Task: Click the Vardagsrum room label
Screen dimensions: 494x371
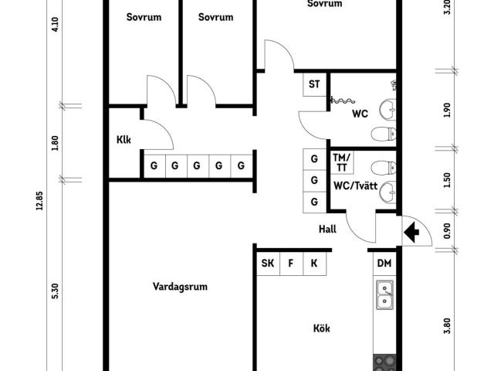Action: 180,287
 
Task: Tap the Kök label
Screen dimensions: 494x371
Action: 322,328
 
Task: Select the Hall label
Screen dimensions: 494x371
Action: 327,229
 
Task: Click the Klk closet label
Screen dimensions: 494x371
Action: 123,140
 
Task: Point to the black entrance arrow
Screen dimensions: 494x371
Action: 411,233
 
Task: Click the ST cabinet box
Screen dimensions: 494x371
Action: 314,84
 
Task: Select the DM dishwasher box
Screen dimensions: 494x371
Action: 384,263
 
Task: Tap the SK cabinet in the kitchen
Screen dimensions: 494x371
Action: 268,264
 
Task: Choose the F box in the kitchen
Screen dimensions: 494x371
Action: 291,264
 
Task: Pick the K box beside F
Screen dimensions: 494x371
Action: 314,264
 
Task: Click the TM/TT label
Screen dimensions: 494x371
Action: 341,162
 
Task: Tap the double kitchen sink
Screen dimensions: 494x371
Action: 384,295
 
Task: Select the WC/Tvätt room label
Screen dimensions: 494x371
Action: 355,185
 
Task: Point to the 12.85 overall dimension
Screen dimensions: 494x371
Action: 39,201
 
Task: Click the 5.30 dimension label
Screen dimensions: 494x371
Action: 55,291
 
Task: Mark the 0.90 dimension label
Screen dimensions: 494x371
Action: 447,231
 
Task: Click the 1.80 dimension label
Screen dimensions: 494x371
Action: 55,143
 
